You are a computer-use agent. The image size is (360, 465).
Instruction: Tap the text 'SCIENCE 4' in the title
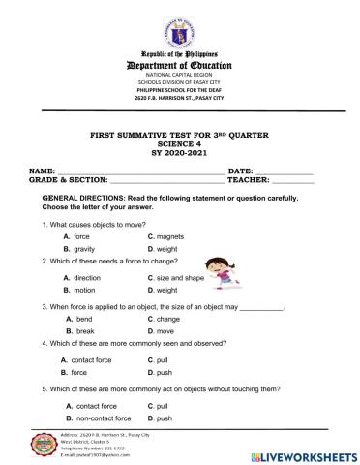(179, 148)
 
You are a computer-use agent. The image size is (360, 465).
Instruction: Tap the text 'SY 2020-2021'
(179, 157)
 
